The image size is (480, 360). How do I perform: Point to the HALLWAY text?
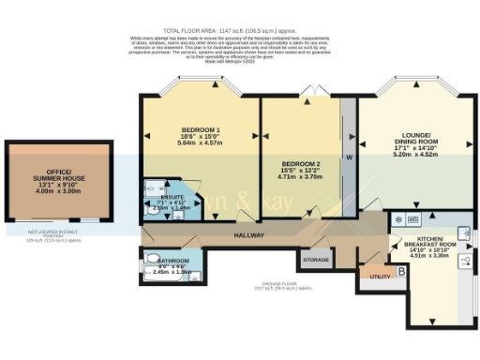click(x=249, y=235)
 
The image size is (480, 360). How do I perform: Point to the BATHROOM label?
click(x=172, y=261)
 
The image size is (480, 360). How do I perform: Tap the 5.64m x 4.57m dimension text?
click(x=201, y=142)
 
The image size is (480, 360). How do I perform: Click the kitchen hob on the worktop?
click(x=399, y=220)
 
